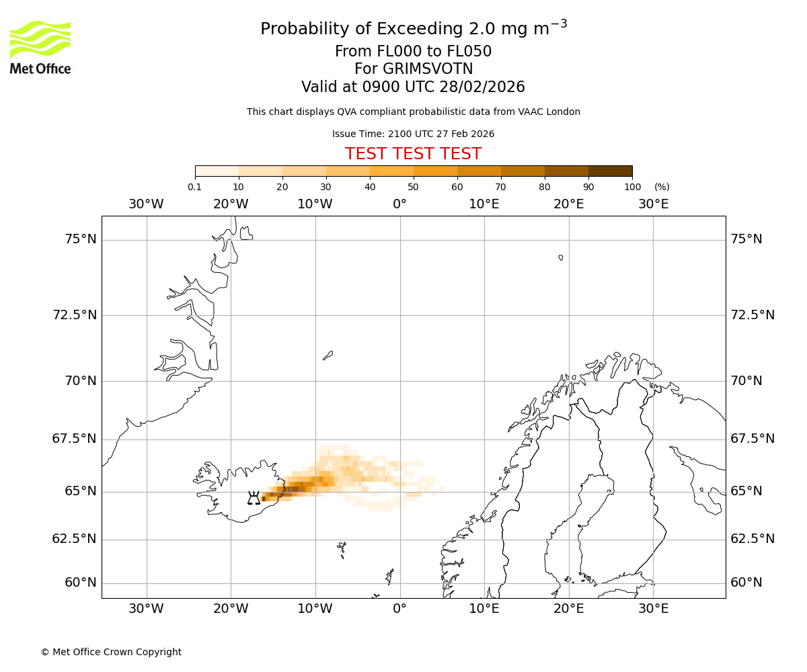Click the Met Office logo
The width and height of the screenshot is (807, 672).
[x=40, y=47]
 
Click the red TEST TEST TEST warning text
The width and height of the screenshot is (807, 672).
[x=413, y=154]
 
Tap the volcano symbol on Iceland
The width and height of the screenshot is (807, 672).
[x=254, y=498]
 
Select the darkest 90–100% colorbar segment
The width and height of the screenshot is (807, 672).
[x=610, y=171]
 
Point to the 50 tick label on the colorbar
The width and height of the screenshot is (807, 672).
[x=413, y=187]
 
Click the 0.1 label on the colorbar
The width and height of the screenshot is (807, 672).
[x=194, y=187]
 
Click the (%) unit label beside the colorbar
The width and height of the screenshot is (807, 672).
[x=662, y=187]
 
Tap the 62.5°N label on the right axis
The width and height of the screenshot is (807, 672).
[x=753, y=539]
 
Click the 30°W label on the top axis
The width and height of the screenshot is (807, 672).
[x=146, y=204]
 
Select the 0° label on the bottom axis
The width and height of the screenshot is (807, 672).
[x=399, y=609]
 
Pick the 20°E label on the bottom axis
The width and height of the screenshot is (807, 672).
[x=568, y=609]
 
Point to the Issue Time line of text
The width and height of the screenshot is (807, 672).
[x=413, y=134]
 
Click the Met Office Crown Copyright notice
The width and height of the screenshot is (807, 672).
[x=111, y=652]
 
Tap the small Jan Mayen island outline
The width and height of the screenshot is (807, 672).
[x=328, y=355]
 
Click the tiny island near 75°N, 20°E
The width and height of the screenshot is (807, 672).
[x=561, y=257]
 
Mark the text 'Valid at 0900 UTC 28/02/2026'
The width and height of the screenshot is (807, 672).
[x=413, y=87]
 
